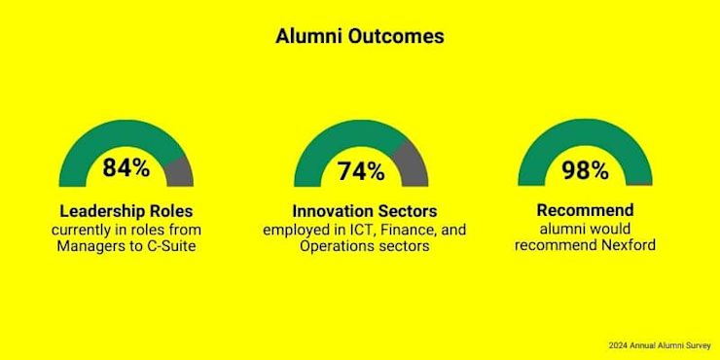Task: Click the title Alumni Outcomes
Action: tap(360, 37)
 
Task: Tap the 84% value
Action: tap(126, 167)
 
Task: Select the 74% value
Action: tap(361, 171)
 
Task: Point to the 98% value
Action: tap(585, 170)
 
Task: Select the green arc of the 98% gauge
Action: tap(585, 133)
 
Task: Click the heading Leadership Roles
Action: tap(126, 212)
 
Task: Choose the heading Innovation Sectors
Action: tap(365, 212)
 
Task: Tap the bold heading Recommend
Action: tap(585, 210)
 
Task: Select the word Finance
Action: tap(407, 229)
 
